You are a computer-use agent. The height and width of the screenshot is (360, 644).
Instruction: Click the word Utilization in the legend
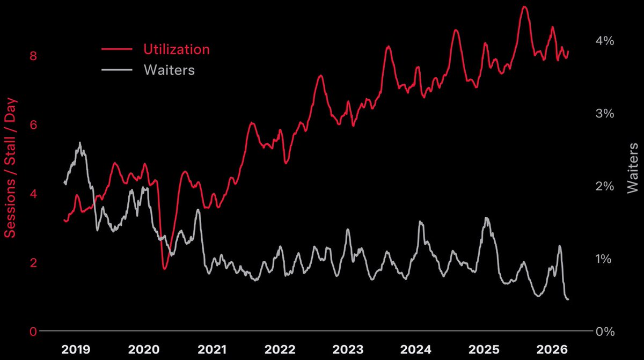[176, 49]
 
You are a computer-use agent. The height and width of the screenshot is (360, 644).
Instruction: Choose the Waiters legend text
[169, 70]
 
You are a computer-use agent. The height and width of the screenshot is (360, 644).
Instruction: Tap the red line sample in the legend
[116, 49]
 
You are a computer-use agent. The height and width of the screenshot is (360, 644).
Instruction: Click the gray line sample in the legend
[116, 70]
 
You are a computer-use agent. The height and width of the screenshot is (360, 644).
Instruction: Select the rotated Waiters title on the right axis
[633, 167]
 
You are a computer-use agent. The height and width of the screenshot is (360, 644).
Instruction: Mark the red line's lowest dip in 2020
[165, 268]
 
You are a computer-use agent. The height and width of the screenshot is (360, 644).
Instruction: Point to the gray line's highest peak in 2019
[80, 143]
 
